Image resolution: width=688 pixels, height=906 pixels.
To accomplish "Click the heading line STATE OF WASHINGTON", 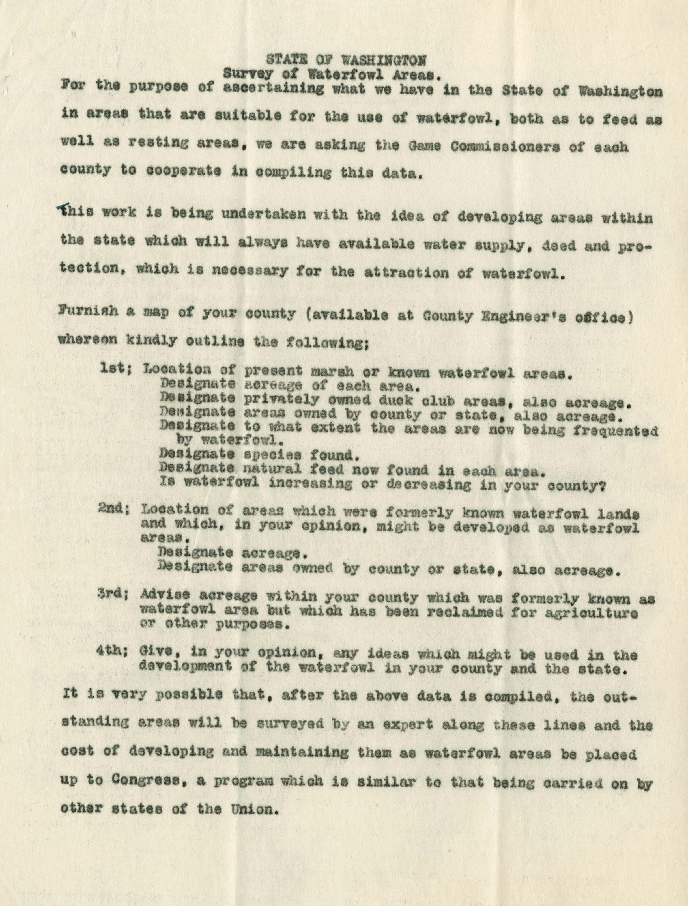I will tap(346, 60).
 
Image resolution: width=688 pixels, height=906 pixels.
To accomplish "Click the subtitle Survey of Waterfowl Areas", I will tap(332, 75).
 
